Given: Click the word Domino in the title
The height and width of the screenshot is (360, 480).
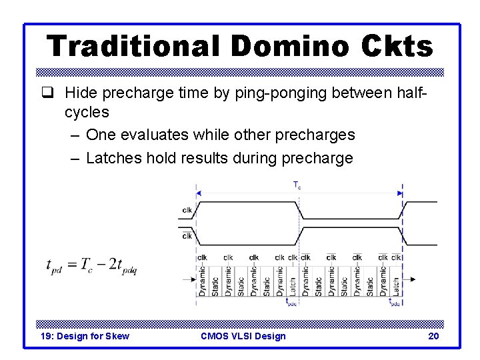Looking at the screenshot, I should [289, 47].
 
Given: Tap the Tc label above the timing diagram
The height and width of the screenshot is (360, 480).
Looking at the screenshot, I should [297, 186].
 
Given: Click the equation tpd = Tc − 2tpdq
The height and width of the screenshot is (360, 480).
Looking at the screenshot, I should [91, 265].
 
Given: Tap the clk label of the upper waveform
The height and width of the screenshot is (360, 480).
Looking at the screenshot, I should [187, 211].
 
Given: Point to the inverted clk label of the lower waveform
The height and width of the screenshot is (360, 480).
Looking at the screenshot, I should [187, 235].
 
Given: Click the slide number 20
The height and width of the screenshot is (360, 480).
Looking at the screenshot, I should [433, 336].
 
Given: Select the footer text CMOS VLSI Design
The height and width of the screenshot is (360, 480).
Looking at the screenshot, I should [243, 336].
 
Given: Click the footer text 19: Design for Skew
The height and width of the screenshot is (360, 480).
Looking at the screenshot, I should [85, 336].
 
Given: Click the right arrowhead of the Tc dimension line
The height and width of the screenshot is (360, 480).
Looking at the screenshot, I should [400, 193].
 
